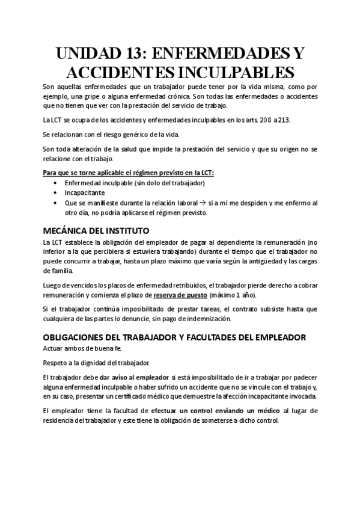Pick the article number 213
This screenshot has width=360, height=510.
click(x=283, y=120)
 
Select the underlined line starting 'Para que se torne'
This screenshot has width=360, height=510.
click(x=129, y=173)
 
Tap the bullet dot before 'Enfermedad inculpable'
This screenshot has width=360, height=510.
click(x=56, y=183)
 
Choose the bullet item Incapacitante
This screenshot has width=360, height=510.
click(x=85, y=193)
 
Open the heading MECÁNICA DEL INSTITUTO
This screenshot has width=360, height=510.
click(x=97, y=230)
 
